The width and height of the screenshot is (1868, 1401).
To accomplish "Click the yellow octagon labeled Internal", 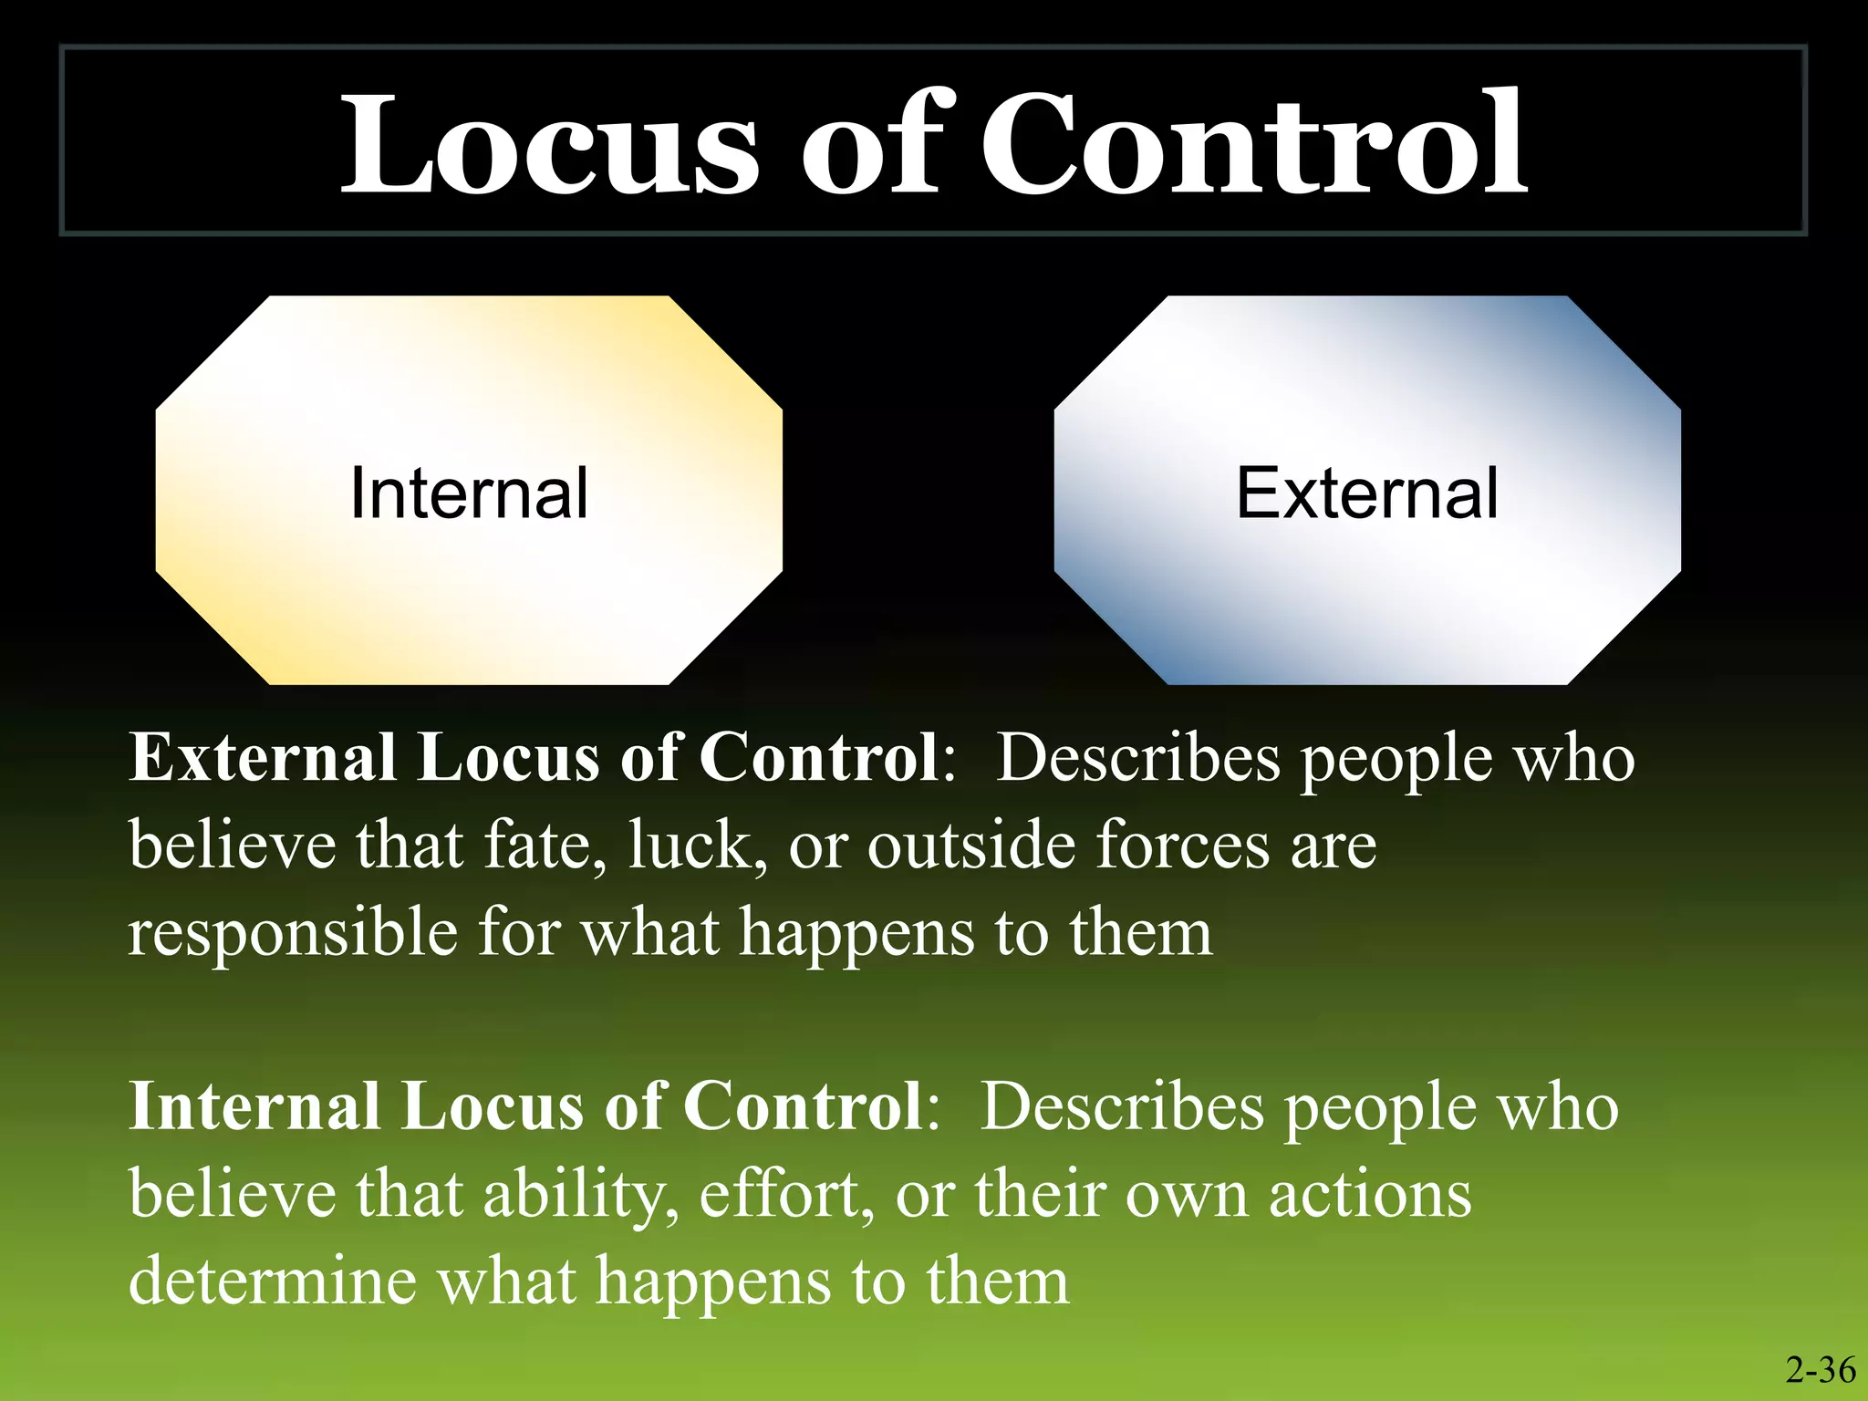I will [x=469, y=491].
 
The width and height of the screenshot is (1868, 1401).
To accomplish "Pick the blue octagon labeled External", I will [x=1366, y=491].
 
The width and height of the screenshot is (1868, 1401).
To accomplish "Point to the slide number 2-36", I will [x=1821, y=1369].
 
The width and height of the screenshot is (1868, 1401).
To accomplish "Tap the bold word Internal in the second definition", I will [x=254, y=1106].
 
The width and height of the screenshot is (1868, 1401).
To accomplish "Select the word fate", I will [x=545, y=845].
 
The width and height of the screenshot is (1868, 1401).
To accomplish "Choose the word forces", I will [x=1182, y=845].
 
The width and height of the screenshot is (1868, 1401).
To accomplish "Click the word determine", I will [x=272, y=1282].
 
